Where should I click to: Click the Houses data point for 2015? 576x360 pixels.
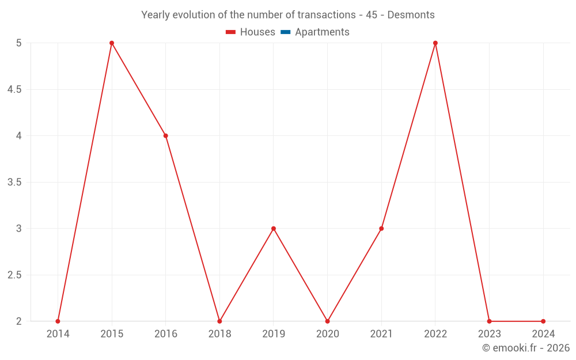(x=112, y=43)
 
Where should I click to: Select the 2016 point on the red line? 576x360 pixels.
(x=165, y=136)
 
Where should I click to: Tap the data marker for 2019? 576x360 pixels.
(x=274, y=229)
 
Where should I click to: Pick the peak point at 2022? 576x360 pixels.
(x=435, y=43)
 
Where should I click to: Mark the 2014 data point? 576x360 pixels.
(x=58, y=321)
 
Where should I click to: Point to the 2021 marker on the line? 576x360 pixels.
(x=381, y=229)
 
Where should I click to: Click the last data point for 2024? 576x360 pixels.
(x=543, y=321)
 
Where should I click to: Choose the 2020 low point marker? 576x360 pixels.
(x=327, y=321)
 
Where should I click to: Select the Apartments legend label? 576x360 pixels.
(x=322, y=32)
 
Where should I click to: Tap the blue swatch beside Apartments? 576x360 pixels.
(x=285, y=32)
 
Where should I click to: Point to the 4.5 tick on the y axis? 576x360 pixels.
(x=14, y=90)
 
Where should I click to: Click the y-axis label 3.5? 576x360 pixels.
(x=14, y=183)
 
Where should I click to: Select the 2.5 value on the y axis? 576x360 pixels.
(x=14, y=275)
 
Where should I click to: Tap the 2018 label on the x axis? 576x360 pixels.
(x=219, y=334)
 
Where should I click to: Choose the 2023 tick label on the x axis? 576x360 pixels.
(x=489, y=334)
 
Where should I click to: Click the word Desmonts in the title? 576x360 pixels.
(x=411, y=15)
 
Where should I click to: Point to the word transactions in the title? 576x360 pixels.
(x=325, y=15)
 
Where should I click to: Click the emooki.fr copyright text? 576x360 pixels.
(x=525, y=348)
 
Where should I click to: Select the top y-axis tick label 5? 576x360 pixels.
(x=19, y=43)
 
